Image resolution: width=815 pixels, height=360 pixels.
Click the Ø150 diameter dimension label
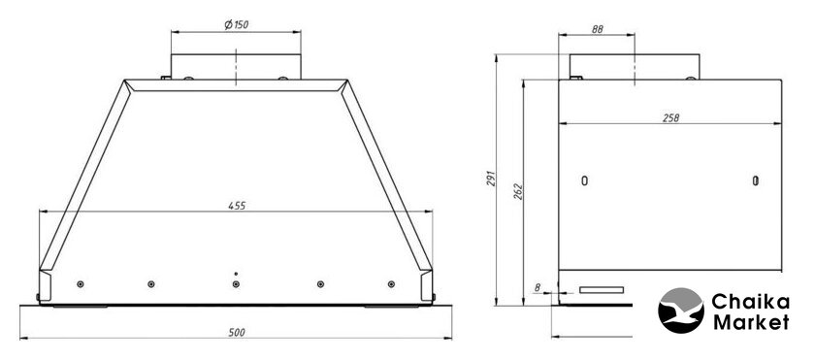236,24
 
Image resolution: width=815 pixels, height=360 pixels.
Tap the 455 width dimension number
237,206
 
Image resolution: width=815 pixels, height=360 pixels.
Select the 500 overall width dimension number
237,333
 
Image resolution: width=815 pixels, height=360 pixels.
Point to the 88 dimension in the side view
598,30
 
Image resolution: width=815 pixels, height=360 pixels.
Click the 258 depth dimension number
671,118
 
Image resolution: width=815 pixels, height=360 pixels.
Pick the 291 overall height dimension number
492,179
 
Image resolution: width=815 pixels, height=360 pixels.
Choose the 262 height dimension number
518,192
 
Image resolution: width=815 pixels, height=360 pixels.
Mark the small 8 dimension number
537,286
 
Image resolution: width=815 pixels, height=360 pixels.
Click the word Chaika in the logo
751,302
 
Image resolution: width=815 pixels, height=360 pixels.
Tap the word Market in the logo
751,322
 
